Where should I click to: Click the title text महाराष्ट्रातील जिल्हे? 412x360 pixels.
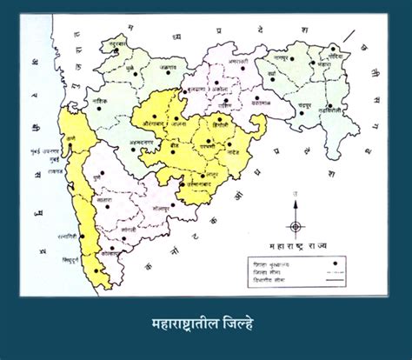click(x=205, y=328)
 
